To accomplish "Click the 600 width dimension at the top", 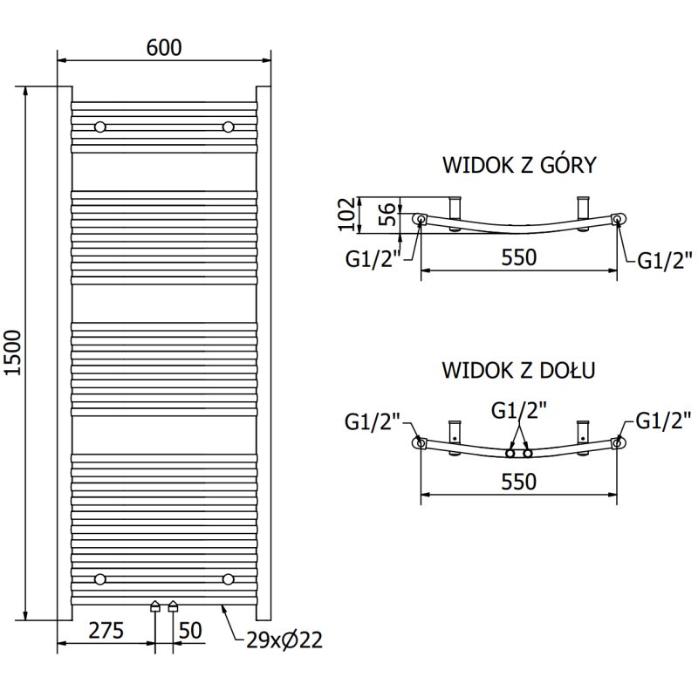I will [164, 47].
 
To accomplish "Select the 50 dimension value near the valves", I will [191, 630].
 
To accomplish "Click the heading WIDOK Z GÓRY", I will [518, 164].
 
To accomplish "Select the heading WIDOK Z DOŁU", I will [518, 370].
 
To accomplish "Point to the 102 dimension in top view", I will [347, 215].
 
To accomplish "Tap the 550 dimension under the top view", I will [518, 257].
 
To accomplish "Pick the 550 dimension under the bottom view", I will [518, 481].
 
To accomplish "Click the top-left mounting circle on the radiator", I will [100, 127].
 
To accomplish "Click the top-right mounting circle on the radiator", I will [229, 127].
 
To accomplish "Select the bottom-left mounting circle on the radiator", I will [100, 578].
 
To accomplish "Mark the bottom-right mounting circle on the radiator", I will [229, 578].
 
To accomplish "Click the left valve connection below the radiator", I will [155, 606].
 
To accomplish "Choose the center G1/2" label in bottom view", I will [518, 409].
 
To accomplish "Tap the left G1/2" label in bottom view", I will [373, 421].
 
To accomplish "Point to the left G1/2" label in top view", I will [373, 258].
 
